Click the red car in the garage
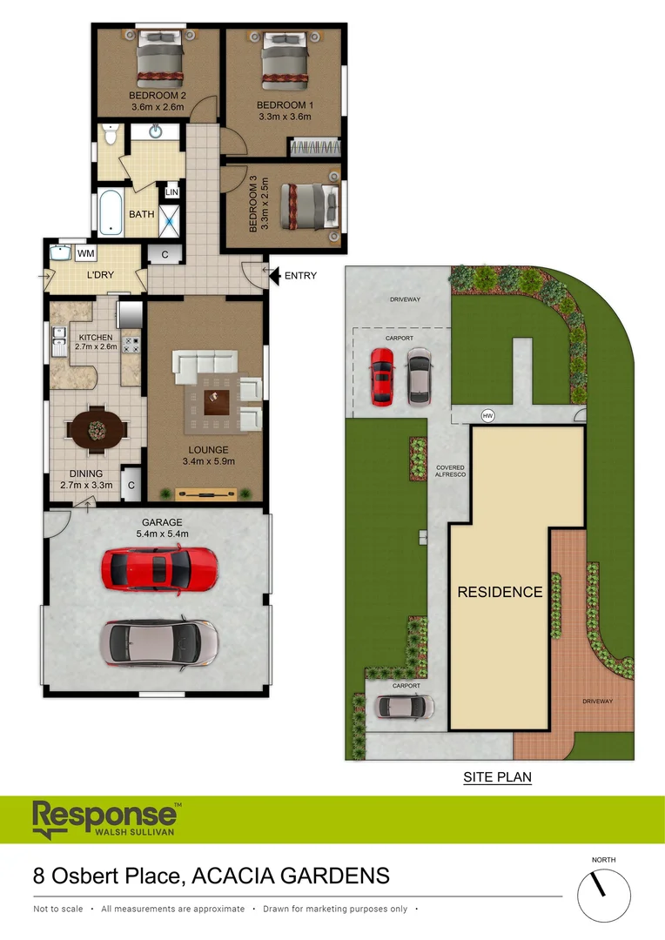(158, 568)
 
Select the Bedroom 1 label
(284, 105)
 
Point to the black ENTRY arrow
(273, 276)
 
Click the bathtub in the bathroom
(111, 213)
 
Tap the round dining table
(97, 428)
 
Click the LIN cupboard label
(171, 192)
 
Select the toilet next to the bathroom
(108, 135)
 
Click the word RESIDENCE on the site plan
(500, 592)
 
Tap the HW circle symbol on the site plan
(487, 414)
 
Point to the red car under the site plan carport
(382, 376)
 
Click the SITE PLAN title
(497, 777)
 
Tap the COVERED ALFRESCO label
(450, 472)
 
